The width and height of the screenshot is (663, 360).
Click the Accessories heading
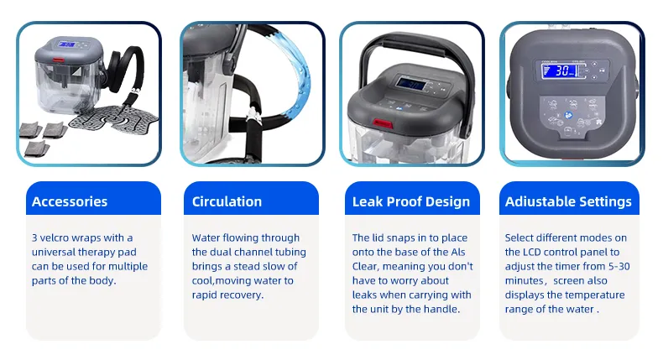point(70,201)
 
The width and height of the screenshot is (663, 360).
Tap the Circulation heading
point(227,201)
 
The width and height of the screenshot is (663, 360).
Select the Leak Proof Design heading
point(411,202)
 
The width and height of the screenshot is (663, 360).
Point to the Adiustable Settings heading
point(568,202)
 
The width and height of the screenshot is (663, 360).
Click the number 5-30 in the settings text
point(619,267)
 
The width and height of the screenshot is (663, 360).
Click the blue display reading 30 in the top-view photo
point(561,70)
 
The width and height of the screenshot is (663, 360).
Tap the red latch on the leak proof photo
point(382,124)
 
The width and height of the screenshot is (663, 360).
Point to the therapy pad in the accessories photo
point(113,117)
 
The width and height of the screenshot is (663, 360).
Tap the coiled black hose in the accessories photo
point(126,70)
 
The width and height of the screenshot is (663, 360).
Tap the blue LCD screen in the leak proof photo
point(410,84)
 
